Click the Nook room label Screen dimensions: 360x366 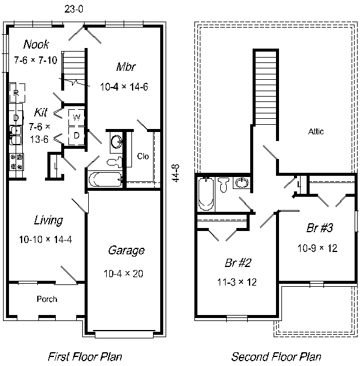click(x=36, y=44)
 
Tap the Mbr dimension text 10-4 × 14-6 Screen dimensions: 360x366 click(x=124, y=87)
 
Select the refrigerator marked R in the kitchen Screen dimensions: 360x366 click(x=17, y=92)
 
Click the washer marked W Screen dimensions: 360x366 click(x=76, y=117)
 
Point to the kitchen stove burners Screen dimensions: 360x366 click(x=16, y=161)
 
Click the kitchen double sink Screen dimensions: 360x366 click(x=16, y=135)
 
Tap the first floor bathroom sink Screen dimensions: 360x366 click(x=116, y=142)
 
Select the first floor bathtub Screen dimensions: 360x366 click(x=105, y=179)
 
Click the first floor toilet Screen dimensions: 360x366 click(x=115, y=162)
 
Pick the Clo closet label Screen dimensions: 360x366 click(x=143, y=156)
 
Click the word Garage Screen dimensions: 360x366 click(x=126, y=250)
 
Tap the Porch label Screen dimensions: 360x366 click(x=47, y=299)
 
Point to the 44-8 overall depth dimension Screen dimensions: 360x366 click(x=176, y=173)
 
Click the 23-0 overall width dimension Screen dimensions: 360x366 click(x=74, y=9)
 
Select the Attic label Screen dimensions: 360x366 click(x=316, y=131)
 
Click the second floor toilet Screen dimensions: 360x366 click(x=223, y=185)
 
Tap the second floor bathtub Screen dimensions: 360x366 click(x=206, y=194)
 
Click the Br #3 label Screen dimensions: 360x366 click(x=320, y=228)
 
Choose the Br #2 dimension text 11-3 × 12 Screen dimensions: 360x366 click(x=237, y=282)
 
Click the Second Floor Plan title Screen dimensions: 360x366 click(x=276, y=356)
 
